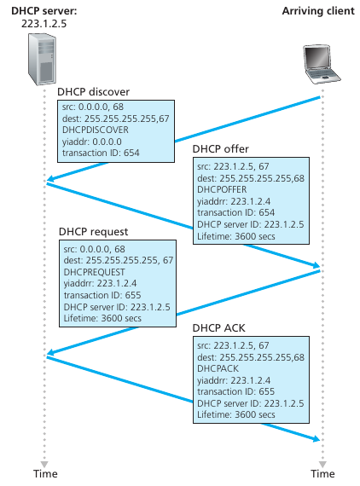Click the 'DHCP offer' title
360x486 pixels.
coord(220,148)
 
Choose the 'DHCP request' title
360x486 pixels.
coord(94,232)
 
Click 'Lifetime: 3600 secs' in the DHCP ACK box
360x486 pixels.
coord(236,414)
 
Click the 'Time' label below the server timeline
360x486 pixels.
coord(46,473)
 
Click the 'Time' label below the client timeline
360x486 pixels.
coord(322,473)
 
